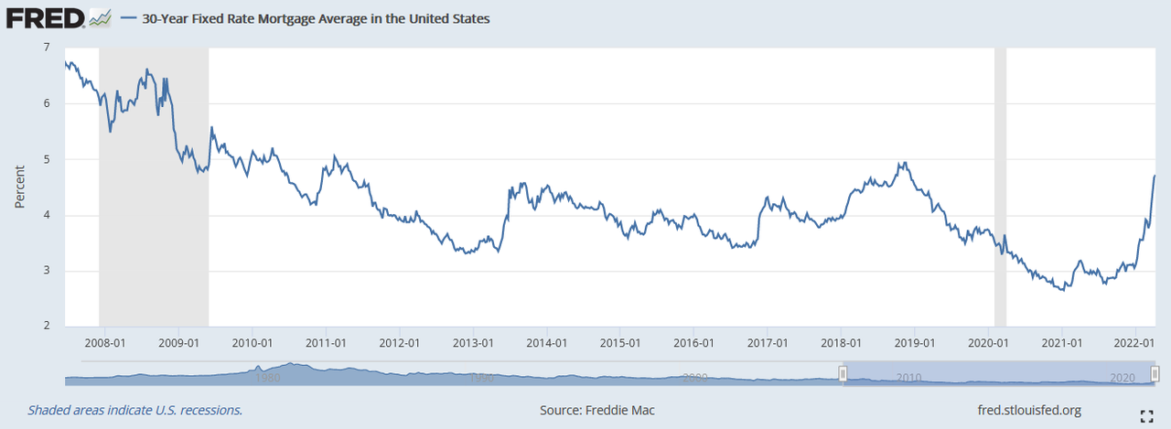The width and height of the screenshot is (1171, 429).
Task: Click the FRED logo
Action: pyautogui.click(x=46, y=17)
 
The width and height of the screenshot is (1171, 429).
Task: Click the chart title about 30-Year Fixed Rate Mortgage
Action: pyautogui.click(x=316, y=18)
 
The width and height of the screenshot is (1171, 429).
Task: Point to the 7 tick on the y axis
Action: pyautogui.click(x=47, y=48)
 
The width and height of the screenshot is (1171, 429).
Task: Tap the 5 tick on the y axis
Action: pyautogui.click(x=47, y=159)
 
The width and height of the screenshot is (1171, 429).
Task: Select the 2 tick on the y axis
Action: pyautogui.click(x=47, y=327)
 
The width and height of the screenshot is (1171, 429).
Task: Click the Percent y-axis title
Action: pyautogui.click(x=19, y=187)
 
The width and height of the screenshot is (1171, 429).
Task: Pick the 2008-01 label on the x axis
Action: pyautogui.click(x=104, y=343)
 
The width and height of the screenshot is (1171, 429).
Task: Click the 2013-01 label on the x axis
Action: pyautogui.click(x=474, y=343)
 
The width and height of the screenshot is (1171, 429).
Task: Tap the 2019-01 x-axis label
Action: pyautogui.click(x=915, y=343)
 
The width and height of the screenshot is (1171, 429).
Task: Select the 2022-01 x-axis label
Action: pyautogui.click(x=1135, y=343)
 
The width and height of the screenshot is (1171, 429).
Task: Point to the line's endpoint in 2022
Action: pyautogui.click(x=1155, y=176)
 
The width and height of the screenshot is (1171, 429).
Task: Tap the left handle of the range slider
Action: pyautogui.click(x=843, y=373)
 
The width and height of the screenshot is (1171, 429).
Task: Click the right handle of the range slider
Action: pyautogui.click(x=1155, y=373)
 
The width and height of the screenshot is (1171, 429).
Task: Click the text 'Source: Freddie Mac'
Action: pyautogui.click(x=596, y=411)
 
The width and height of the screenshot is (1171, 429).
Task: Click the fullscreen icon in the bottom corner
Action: pyautogui.click(x=1147, y=416)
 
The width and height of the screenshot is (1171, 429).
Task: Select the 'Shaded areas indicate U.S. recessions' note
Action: pyautogui.click(x=135, y=411)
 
